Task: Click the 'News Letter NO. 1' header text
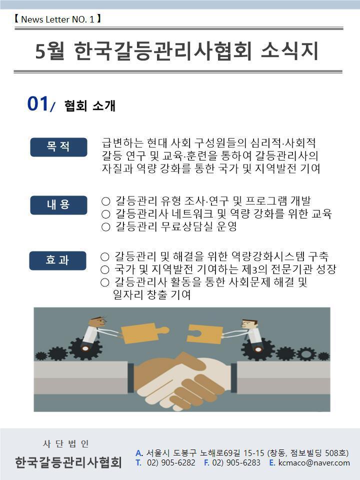point(57,19)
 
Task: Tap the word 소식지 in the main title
point(289,50)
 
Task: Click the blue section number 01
point(37,103)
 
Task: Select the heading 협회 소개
point(89,105)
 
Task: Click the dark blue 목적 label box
point(58,147)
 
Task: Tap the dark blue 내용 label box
point(58,205)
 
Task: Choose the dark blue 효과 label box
point(57,260)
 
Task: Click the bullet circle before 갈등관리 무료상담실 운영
point(105,227)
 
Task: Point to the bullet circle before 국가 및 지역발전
point(104,269)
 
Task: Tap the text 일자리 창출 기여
point(152,294)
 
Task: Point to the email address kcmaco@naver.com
point(314,462)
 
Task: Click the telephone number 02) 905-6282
point(171,462)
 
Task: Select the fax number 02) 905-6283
point(236,462)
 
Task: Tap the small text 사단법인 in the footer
point(66,443)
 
